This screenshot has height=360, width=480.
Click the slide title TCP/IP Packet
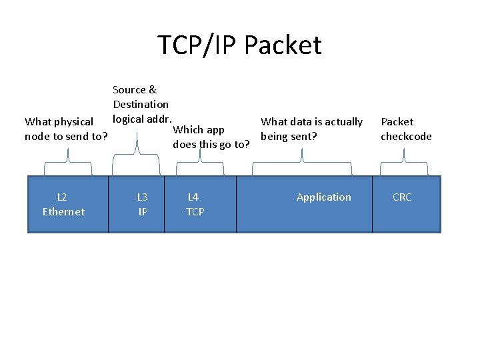(239, 45)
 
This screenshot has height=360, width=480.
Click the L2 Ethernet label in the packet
(63, 204)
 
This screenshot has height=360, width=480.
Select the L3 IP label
(143, 204)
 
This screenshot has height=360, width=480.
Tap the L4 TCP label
(195, 204)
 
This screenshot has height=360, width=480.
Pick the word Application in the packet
(323, 197)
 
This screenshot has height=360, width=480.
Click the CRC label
(402, 197)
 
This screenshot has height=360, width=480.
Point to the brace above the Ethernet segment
(68, 157)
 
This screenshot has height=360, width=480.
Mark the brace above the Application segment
(303, 157)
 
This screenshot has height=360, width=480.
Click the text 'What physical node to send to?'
(66, 129)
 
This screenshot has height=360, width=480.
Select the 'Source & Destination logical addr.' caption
(141, 104)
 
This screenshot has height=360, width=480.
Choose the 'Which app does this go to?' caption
(211, 137)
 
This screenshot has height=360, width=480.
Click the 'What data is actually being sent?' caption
(311, 129)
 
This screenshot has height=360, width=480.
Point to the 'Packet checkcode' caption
(405, 129)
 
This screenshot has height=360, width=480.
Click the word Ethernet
(63, 212)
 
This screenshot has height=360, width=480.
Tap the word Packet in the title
(283, 45)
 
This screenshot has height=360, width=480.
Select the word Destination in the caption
(141, 104)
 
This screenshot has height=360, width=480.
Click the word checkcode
(406, 137)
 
